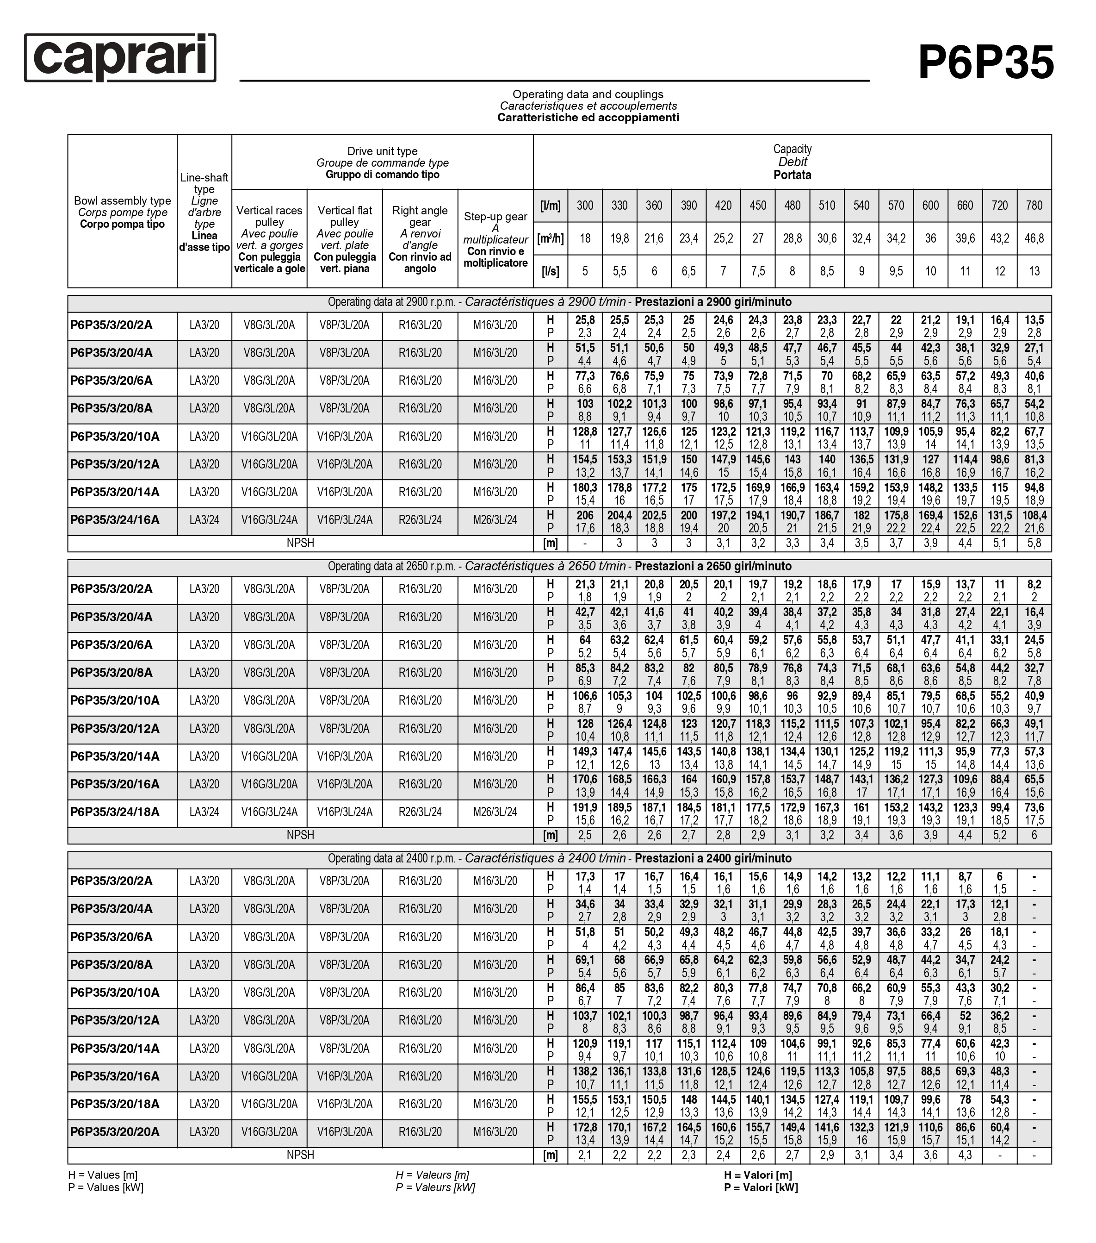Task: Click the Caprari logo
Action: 120,58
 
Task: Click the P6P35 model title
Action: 985,62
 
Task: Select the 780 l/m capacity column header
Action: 1034,206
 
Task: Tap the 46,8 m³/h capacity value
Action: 1034,238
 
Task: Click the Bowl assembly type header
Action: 122,212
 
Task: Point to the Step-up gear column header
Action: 495,239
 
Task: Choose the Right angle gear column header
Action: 420,239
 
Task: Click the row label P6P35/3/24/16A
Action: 114,520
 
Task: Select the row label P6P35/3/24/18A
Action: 114,812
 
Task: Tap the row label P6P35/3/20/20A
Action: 114,1132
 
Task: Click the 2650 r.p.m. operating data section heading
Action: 559,566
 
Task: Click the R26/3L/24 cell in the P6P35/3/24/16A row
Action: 420,520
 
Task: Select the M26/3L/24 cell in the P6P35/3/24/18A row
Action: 495,812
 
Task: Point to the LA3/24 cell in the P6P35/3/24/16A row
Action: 204,520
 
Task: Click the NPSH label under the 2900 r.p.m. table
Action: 300,543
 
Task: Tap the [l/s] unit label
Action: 550,271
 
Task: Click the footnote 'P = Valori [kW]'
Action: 761,1187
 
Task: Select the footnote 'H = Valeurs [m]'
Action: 432,1175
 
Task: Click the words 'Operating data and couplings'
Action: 587,94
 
